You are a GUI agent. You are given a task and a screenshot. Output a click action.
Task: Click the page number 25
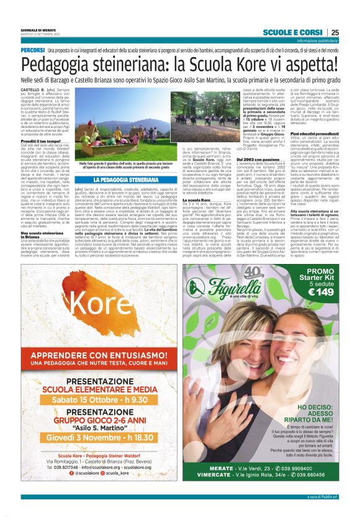point(335,33)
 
